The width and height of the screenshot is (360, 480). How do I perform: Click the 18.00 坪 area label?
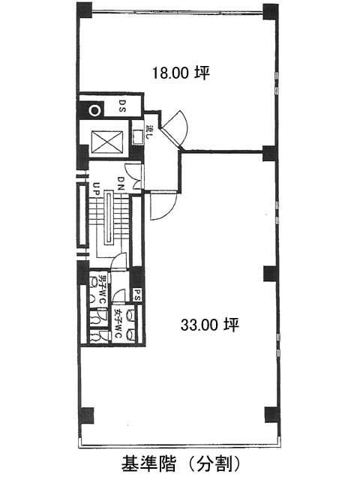point(181,73)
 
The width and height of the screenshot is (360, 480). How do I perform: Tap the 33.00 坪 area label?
point(210,325)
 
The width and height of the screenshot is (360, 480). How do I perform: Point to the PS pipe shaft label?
point(136,295)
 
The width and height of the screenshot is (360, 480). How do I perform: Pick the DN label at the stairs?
point(121,183)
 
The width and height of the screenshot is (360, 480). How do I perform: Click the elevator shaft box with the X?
point(107,142)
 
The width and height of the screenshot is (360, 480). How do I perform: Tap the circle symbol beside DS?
point(94,110)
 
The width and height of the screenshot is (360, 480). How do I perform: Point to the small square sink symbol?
point(137,136)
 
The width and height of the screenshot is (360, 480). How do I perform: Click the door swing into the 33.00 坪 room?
point(163,205)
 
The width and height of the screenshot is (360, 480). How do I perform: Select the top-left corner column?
point(84,10)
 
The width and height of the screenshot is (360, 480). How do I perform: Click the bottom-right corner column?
point(272,415)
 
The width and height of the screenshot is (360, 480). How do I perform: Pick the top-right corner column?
point(271,11)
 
